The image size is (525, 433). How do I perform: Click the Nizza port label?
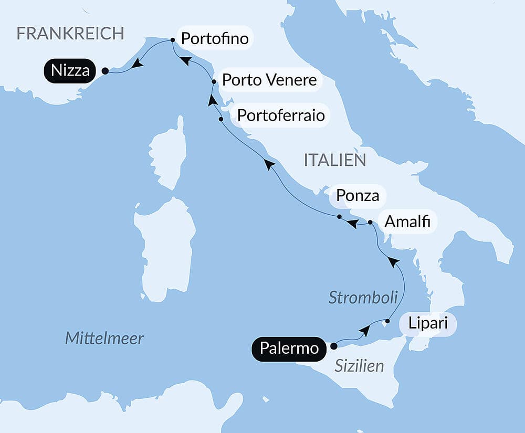coord(71,70)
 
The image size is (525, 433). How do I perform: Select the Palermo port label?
coord(289,348)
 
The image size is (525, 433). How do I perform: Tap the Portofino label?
coord(214,38)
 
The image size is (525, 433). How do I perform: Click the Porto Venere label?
coord(269,80)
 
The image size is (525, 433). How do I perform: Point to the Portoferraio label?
coord(281,114)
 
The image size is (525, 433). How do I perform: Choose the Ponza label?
coord(358,196)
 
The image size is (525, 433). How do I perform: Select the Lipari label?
coord(428,323)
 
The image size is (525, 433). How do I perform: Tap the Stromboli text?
coord(363,297)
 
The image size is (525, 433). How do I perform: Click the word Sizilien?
coord(360,366)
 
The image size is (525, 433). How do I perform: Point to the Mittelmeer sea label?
coord(104,338)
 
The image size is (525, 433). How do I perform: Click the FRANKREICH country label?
coord(70,34)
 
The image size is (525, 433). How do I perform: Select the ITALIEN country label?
coord(335,160)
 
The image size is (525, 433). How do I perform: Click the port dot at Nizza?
coord(105,71)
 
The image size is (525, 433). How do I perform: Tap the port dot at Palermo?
coord(333,346)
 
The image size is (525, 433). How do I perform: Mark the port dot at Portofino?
coord(173,40)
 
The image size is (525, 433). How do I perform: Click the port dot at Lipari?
coord(387,321)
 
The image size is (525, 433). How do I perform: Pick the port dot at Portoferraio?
coord(221,119)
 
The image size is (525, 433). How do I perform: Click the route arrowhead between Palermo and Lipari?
coord(365,331)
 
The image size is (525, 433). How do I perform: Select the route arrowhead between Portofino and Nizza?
coord(138,63)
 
